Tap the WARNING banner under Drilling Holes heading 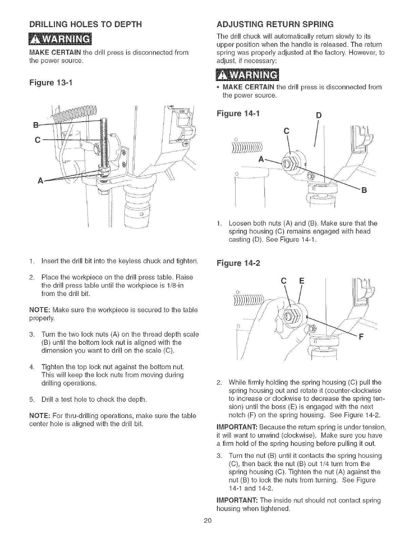[62, 39]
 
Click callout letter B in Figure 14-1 [364, 190]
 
